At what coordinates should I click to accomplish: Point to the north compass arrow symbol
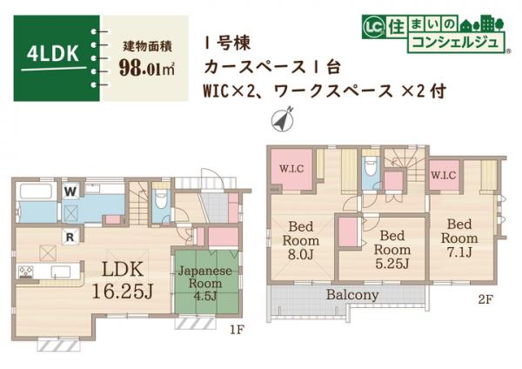(284, 120)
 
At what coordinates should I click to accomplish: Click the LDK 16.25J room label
(122, 278)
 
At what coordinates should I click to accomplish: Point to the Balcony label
(352, 295)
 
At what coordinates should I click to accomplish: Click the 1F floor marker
(236, 330)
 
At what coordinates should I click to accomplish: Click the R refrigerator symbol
(68, 235)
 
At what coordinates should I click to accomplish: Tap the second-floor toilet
(370, 165)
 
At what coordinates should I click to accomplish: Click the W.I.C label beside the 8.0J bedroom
(290, 170)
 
